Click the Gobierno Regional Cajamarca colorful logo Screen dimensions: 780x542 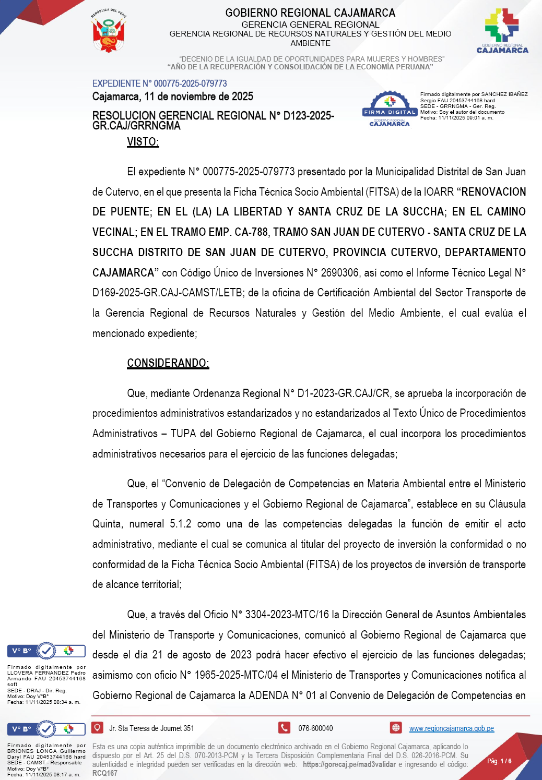(x=502, y=30)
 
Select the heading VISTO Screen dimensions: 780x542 (x=143, y=142)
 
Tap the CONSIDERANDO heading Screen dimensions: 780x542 (x=168, y=363)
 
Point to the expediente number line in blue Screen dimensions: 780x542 (x=159, y=83)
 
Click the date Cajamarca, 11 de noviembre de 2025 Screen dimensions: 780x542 (x=172, y=97)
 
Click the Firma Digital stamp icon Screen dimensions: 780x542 (x=390, y=109)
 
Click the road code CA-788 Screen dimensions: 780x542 (x=251, y=232)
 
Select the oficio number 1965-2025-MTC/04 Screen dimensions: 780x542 (x=236, y=675)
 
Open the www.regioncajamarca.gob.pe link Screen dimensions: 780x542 (x=451, y=728)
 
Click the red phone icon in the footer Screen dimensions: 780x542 (x=285, y=728)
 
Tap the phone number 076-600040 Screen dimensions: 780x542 (x=315, y=728)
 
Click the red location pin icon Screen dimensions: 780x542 (x=97, y=728)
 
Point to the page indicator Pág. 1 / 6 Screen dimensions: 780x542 (x=499, y=761)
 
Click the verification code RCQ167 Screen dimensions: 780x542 (x=105, y=773)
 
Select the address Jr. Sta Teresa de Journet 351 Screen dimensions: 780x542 (x=151, y=728)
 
